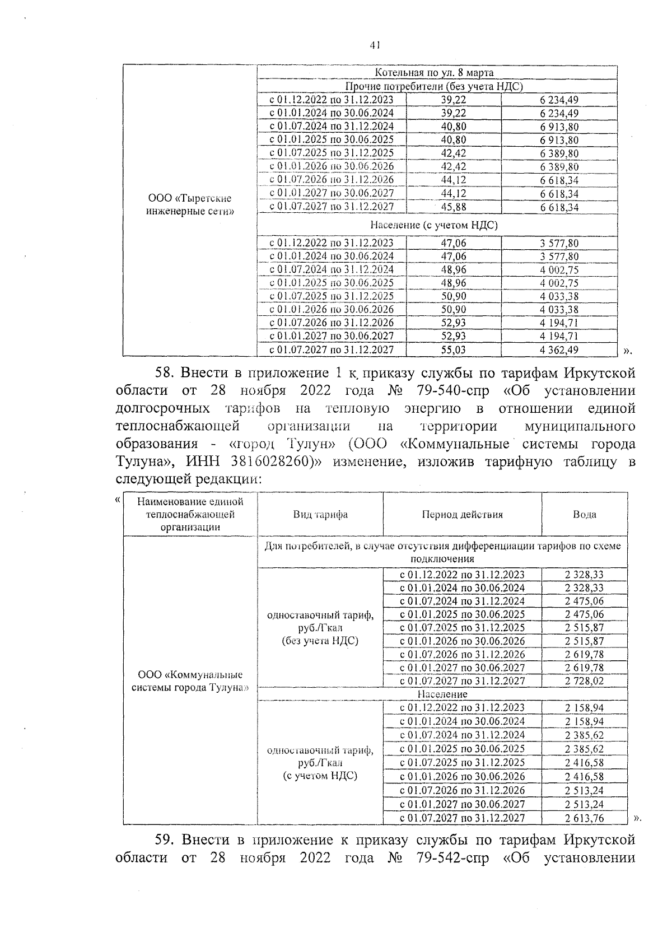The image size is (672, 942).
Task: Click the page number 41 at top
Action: pos(375,46)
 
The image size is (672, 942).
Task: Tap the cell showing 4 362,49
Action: pos(559,350)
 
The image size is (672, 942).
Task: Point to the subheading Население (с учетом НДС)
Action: pos(434,225)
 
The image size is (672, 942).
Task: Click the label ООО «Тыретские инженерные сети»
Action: pos(190,205)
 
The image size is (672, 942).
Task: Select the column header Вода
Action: pos(584,515)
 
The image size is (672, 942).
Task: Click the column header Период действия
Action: pos(462,515)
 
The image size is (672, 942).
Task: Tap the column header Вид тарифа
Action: pos(320,515)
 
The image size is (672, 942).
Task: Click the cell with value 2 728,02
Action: pos(584,681)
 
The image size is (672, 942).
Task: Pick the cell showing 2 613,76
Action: pos(584,818)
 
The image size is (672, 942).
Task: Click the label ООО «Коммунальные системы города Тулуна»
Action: pos(190,681)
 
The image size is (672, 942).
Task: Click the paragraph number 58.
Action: pos(165,373)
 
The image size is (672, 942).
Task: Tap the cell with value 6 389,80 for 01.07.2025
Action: pos(559,153)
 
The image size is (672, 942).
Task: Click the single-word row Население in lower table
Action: pos(442,694)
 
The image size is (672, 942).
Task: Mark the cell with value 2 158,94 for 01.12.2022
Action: pos(584,708)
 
